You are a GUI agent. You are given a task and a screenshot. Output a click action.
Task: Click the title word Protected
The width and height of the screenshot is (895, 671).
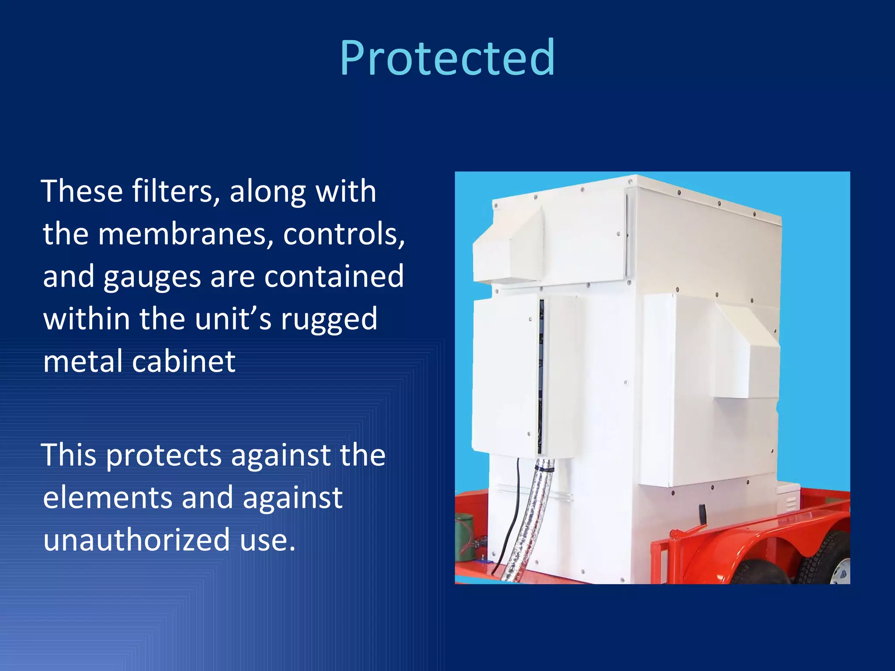[447, 58]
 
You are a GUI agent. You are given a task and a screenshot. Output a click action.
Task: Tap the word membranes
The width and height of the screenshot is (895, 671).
[185, 234]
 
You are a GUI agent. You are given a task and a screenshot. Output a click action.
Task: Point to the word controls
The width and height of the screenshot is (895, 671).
[344, 234]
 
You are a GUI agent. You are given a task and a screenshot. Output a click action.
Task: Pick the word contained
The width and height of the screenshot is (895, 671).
[334, 276]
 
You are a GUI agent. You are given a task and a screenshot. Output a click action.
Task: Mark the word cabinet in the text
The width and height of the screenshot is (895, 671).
[184, 361]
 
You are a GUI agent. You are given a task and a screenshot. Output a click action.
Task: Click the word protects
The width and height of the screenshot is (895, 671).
[163, 455]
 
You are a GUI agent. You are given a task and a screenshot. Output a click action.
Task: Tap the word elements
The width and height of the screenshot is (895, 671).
[108, 498]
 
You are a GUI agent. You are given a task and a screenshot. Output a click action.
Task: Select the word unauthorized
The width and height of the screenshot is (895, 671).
[136, 540]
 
